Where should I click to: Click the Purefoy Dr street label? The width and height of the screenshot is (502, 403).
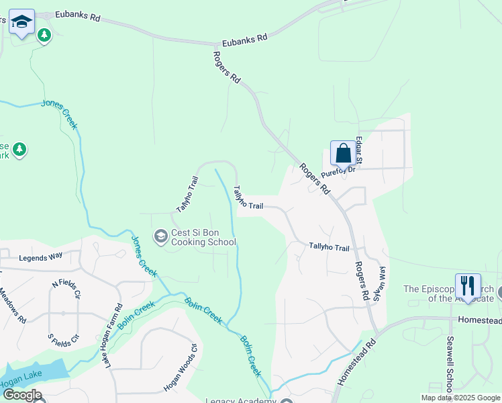pos(340,173)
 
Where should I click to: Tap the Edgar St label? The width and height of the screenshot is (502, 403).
pos(360,150)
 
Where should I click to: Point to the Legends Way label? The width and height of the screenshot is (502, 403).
pos(40,257)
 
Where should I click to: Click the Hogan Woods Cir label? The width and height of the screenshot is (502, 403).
pos(180,369)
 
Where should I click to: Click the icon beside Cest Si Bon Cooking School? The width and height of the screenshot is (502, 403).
pos(161,236)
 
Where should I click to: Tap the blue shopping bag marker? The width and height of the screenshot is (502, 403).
pos(343,153)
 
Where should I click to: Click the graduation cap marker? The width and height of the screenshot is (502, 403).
pos(22,24)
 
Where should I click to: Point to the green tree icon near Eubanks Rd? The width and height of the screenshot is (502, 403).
pos(44,34)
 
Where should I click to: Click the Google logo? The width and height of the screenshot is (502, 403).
pos(22,394)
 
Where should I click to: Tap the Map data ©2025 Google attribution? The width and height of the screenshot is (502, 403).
pos(460,398)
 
